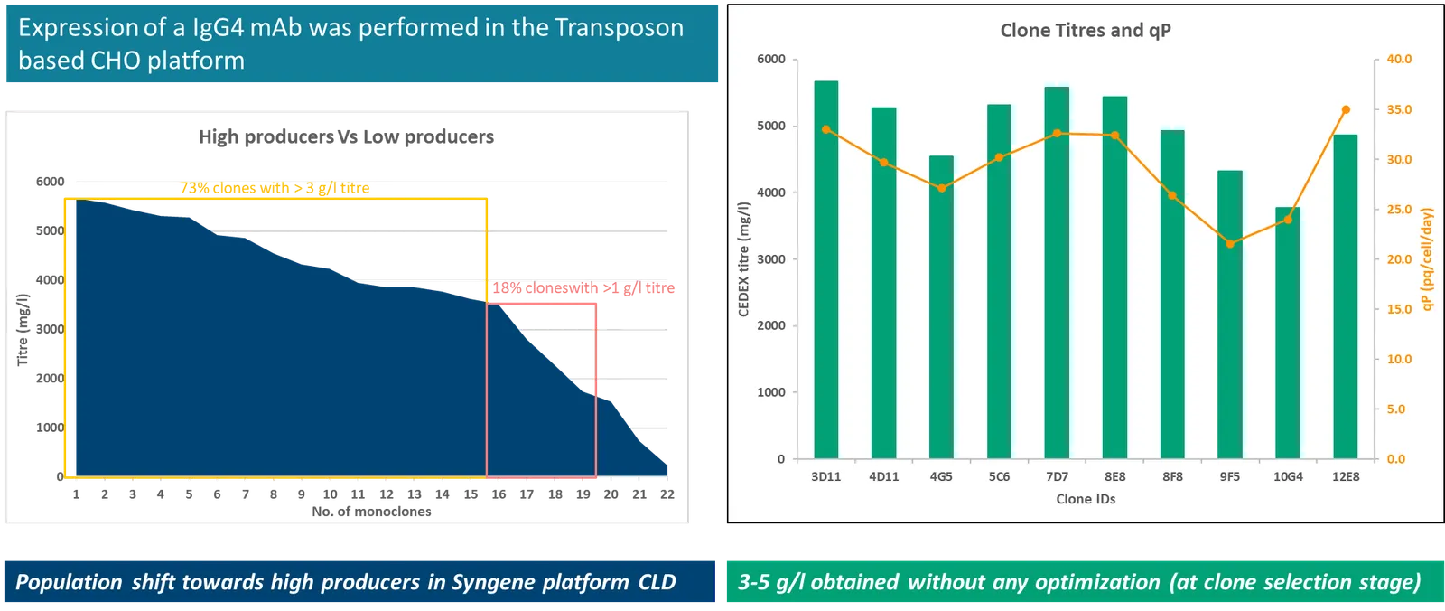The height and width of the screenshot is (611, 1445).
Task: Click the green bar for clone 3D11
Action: tap(825, 271)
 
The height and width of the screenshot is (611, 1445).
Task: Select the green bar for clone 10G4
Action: tap(1288, 334)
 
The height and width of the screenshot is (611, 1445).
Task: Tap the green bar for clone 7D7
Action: tap(1057, 271)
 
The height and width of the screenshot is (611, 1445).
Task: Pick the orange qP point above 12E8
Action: tap(1346, 110)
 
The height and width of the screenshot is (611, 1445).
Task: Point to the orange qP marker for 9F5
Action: tap(1230, 244)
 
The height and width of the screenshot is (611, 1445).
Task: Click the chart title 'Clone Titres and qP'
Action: tap(1086, 31)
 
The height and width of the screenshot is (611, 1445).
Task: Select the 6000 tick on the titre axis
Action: tap(771, 60)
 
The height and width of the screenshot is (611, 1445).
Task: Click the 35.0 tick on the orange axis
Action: tap(1399, 110)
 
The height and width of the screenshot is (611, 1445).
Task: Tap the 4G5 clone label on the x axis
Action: tap(941, 476)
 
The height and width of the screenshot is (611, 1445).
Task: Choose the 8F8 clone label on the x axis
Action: tap(1172, 476)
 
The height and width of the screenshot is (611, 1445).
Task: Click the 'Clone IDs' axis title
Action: tap(1086, 499)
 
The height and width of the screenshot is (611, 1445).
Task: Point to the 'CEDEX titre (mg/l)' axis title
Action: tap(744, 258)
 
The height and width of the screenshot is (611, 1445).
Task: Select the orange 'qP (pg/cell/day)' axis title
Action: tap(1427, 258)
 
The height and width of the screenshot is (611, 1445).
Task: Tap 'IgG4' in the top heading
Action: tap(218, 28)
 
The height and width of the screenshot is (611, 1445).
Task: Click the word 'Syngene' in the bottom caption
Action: tap(494, 583)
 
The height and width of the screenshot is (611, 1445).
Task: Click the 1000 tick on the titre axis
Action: tap(771, 392)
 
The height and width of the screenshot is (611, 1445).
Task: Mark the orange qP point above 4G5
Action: tap(941, 188)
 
